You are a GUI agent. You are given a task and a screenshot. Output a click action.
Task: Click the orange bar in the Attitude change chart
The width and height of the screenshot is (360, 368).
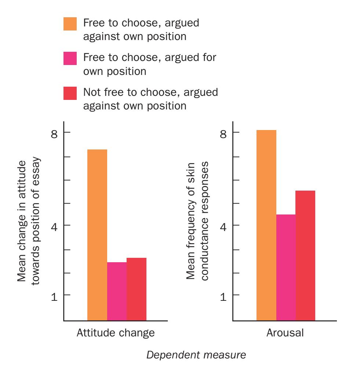(x=97, y=235)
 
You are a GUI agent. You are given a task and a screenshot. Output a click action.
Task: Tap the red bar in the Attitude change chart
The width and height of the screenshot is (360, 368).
(x=137, y=289)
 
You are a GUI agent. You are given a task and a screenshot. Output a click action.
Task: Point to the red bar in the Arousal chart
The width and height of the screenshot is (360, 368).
(x=305, y=256)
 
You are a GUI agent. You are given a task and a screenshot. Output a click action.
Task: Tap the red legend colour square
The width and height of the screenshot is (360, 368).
(x=70, y=93)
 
